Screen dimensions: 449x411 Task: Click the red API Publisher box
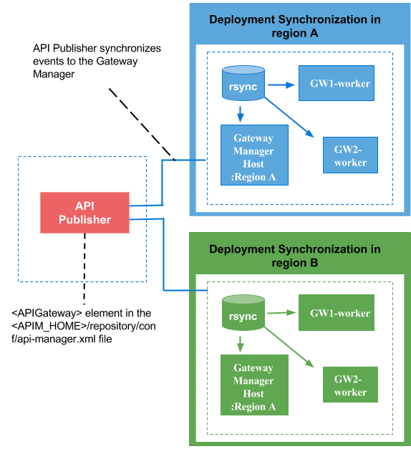(84, 213)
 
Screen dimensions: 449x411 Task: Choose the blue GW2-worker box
(350, 155)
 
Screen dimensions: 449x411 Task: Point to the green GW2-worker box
(350, 385)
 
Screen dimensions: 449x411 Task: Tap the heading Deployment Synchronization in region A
(294, 26)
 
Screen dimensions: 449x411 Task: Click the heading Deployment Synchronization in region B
(294, 256)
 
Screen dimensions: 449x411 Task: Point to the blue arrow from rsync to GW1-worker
(281, 85)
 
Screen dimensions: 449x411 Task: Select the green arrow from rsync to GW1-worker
(281, 313)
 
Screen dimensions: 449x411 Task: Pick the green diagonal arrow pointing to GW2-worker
(291, 347)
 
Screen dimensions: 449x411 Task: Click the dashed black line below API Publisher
(84, 265)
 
